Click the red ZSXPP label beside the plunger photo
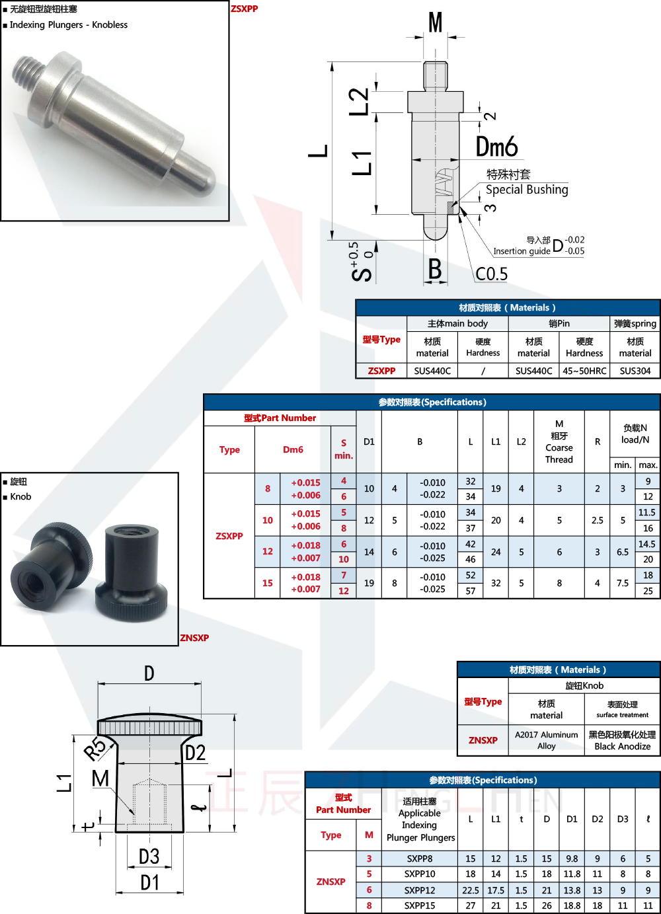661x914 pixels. point(245,9)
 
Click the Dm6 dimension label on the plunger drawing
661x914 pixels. point(496,147)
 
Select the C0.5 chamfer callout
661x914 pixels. point(492,274)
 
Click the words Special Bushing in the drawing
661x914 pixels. point(527,190)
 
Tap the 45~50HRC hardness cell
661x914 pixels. point(584,371)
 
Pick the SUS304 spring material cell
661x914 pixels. point(635,371)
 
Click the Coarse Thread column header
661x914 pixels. point(559,453)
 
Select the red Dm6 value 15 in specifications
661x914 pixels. point(268,583)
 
